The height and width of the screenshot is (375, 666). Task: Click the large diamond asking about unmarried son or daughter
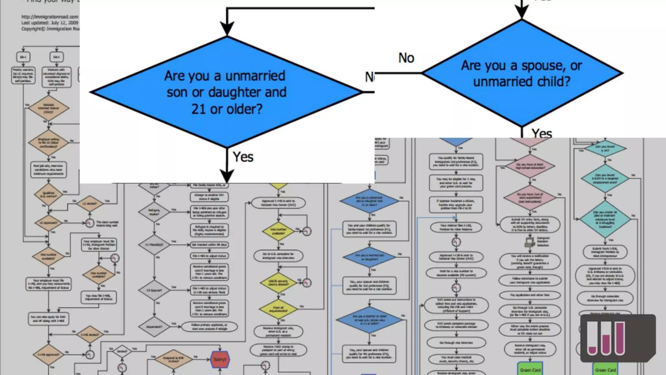226,92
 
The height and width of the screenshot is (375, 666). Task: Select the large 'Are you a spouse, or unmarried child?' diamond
522,73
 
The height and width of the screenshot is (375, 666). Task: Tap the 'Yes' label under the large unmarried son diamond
243,157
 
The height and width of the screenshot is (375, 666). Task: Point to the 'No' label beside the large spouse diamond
406,58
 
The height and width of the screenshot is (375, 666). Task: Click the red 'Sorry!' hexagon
220,359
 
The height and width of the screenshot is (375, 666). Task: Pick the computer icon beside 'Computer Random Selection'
530,242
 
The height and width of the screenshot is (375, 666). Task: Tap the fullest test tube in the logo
619,338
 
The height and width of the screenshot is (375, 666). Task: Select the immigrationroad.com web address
50,17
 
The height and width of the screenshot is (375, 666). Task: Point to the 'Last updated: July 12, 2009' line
50,23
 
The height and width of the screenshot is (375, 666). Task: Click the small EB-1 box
23,57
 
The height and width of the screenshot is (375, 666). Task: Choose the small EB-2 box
57,57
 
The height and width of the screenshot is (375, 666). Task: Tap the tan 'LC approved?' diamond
48,223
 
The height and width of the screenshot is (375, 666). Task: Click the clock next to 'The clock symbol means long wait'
90,223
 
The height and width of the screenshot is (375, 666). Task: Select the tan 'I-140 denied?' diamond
89,334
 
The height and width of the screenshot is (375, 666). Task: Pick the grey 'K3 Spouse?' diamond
154,290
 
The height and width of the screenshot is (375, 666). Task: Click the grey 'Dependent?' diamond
154,326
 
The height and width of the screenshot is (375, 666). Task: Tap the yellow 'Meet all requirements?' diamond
278,309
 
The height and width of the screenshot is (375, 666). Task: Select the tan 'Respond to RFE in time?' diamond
173,359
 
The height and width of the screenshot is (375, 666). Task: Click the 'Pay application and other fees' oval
530,295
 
